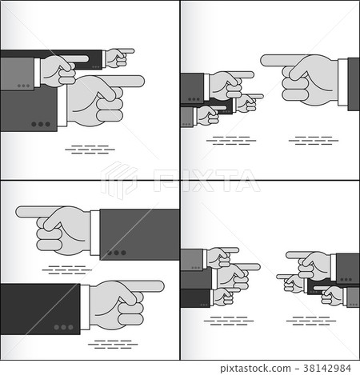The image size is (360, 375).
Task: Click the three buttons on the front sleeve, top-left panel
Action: [x=41, y=125]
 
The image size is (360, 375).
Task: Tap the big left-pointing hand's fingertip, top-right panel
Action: [x=265, y=59]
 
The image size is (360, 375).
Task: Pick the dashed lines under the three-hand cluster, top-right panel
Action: [x=232, y=141]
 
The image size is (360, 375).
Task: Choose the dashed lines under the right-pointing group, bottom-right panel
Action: [x=225, y=322]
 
